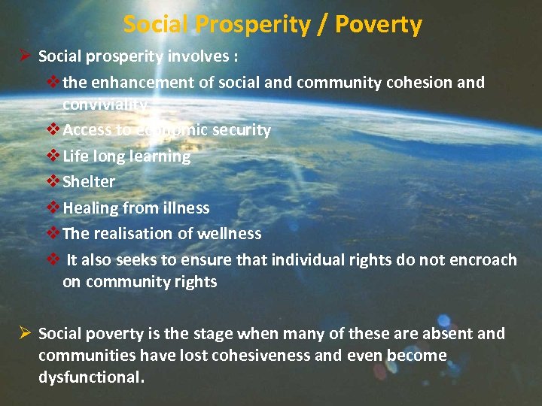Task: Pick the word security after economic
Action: click(242, 130)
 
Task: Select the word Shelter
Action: click(89, 182)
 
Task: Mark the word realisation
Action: click(133, 234)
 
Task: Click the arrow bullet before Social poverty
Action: click(23, 333)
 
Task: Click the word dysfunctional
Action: click(90, 377)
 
